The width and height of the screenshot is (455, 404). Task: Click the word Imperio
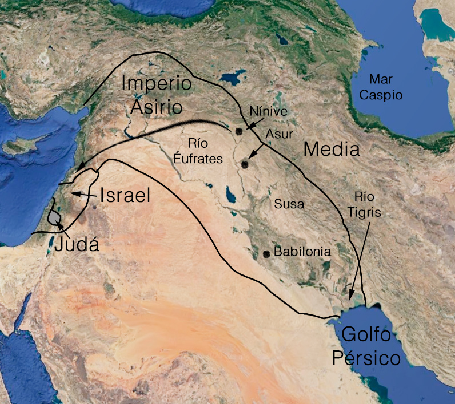coord(157,84)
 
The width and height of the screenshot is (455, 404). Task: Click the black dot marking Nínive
coord(240,131)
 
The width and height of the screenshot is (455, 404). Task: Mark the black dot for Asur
coord(245,164)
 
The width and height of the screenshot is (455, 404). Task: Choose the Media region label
coord(332,150)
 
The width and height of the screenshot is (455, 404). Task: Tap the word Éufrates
coord(198,160)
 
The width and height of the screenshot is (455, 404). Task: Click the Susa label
coord(289,204)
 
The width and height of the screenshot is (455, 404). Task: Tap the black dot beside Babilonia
coord(266,253)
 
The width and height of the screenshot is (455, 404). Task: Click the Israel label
coord(125,196)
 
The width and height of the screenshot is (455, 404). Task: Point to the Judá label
coord(75,246)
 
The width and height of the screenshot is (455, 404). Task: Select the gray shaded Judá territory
coord(54,217)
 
